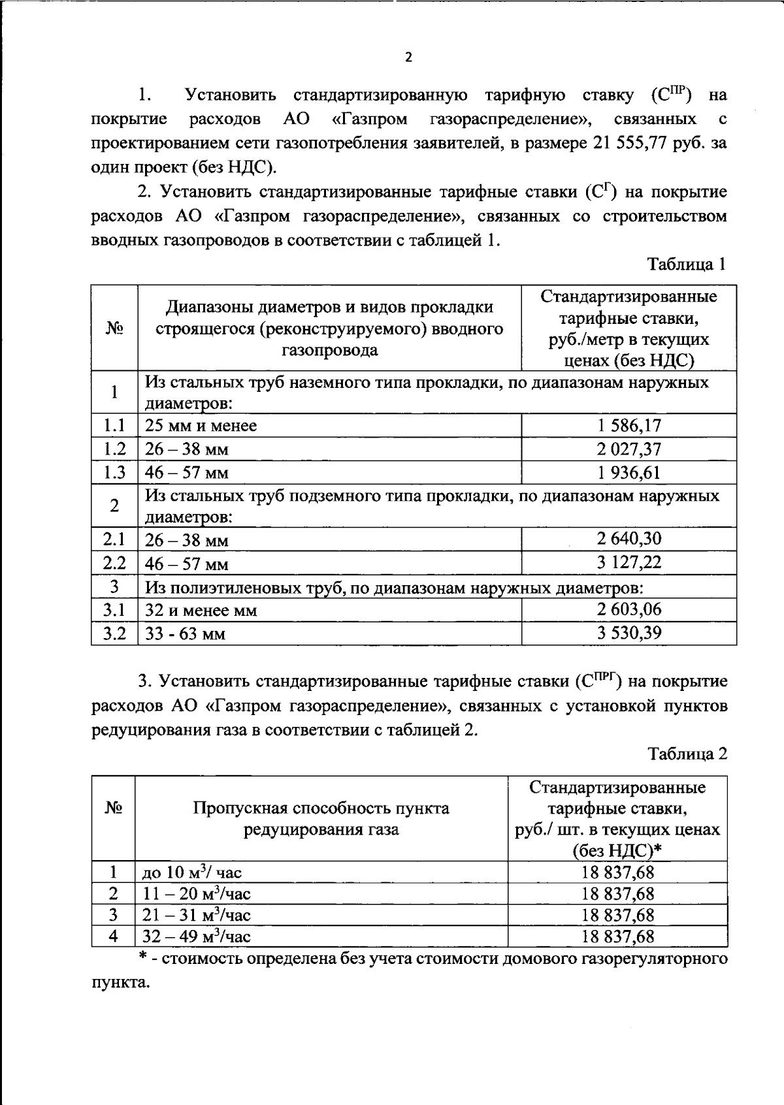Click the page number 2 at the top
[408, 57]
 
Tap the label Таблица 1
[687, 264]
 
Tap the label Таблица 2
[687, 754]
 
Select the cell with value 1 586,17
[629, 426]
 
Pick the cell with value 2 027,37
[629, 449]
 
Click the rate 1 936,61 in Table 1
[629, 472]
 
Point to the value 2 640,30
[629, 539]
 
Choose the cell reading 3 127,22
[629, 562]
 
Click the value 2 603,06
[629, 610]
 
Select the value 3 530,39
[629, 633]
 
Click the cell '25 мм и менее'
[201, 426]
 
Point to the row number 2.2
[114, 563]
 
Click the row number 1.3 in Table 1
[114, 473]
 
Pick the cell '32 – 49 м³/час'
[197, 937]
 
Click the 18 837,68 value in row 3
[617, 916]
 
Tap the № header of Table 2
[113, 808]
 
